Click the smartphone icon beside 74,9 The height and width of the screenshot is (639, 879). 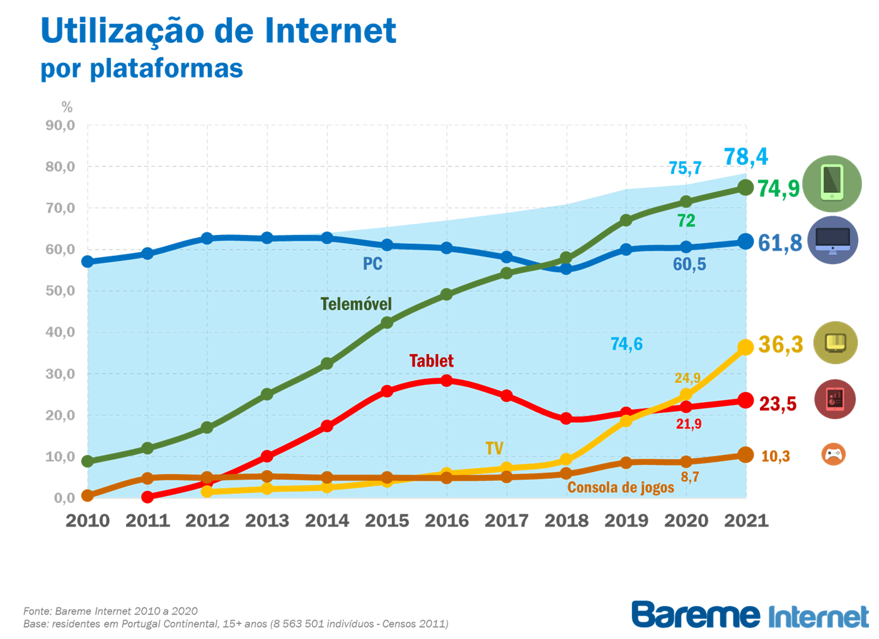[x=832, y=183]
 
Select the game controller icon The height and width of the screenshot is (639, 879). [x=834, y=454]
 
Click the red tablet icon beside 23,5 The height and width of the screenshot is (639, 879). [x=835, y=399]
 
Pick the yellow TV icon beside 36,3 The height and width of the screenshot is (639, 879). [x=836, y=343]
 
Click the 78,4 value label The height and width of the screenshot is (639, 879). [x=746, y=156]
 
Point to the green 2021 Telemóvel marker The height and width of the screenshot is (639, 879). [x=746, y=187]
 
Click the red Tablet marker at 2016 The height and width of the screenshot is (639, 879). [x=447, y=380]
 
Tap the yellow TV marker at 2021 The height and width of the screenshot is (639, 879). [x=746, y=347]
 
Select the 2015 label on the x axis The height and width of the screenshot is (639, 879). [x=387, y=521]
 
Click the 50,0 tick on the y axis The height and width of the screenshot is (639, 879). [x=60, y=291]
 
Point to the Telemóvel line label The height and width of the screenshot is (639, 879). [x=356, y=304]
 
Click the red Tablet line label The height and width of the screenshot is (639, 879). [x=431, y=361]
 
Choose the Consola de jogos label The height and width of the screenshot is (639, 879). [x=621, y=487]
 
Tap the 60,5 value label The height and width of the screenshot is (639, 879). [x=689, y=264]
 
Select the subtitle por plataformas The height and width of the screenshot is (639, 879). [x=142, y=68]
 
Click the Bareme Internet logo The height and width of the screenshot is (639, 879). [x=750, y=614]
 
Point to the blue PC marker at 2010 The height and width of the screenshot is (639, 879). [x=88, y=261]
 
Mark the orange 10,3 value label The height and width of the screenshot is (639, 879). [x=775, y=456]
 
